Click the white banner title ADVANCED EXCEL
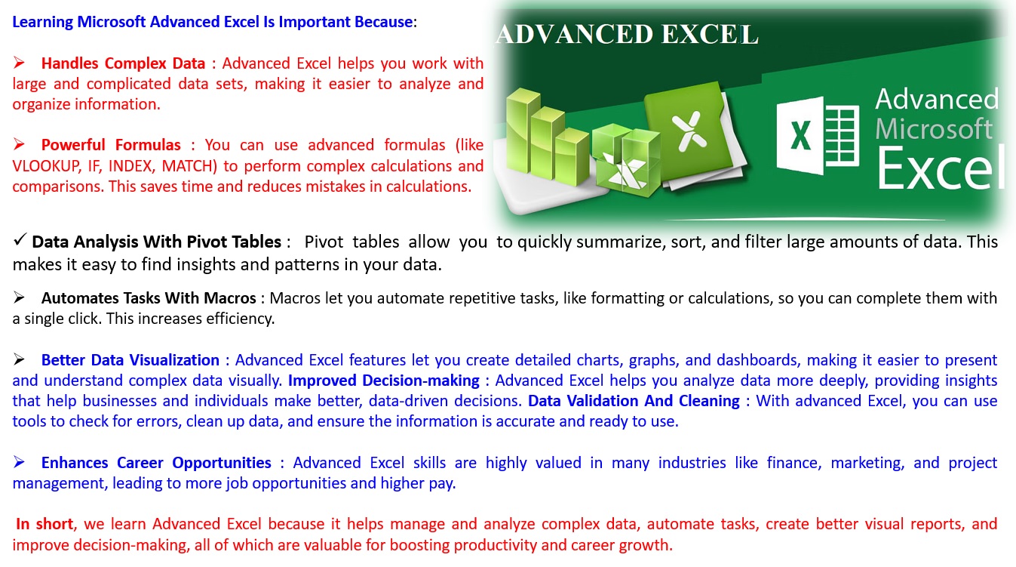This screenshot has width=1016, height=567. coord(627,34)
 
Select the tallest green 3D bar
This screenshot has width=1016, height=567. coord(523,131)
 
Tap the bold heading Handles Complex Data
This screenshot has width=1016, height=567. coord(123,63)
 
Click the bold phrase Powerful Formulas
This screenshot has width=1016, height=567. coord(111,145)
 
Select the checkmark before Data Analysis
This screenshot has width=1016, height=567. coord(20,239)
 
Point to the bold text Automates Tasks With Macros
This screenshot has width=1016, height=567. coord(149,298)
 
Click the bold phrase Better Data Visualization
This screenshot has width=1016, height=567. coord(130,360)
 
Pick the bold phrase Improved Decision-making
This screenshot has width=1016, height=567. coord(384,381)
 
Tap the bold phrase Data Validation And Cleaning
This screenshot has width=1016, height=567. coord(634,401)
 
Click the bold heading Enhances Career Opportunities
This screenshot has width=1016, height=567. coord(156,463)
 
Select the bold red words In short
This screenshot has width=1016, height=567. coord(45,524)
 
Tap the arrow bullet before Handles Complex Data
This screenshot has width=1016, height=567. coord(19,62)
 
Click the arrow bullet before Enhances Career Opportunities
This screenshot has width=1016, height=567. coord(19,462)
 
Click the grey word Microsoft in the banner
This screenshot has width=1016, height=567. coord(934,129)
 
